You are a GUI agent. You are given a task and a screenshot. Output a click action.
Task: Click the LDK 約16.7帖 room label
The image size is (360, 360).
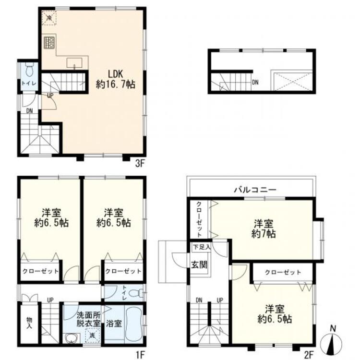click(x=115, y=79)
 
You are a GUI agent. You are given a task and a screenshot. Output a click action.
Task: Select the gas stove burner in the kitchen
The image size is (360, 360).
click(x=49, y=42)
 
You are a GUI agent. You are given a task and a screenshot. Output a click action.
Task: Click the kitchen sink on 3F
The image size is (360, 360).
click(x=74, y=63)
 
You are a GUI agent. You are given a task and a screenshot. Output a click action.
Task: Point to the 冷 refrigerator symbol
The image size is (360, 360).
click(x=49, y=17)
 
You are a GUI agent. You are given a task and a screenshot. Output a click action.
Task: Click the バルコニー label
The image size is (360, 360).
click(x=255, y=190)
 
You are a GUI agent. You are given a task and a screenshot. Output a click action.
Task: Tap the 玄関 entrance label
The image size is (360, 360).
click(x=199, y=264)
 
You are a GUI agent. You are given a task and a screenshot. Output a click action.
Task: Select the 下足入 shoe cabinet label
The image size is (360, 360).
click(x=201, y=247)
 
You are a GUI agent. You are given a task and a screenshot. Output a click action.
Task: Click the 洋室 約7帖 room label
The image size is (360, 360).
click(x=264, y=228)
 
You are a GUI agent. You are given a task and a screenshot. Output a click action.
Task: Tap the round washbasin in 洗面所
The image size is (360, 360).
click(x=71, y=338)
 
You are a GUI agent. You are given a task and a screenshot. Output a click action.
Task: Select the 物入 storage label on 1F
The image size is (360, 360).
click(x=29, y=323)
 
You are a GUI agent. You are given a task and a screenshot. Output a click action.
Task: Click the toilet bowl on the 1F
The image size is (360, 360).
click(x=136, y=293)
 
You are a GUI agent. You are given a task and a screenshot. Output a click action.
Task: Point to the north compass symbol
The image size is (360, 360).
click(x=332, y=342)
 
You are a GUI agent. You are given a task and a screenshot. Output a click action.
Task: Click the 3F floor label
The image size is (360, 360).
click(x=139, y=164)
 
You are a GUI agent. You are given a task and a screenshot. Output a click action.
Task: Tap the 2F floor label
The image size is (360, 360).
click(x=309, y=355)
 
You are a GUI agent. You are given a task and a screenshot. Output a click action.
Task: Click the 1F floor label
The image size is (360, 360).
click(x=140, y=355)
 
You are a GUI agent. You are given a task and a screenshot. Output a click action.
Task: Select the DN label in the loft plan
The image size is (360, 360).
click(x=255, y=82)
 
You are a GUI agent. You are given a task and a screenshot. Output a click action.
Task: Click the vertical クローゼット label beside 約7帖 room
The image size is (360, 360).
click(x=199, y=219)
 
